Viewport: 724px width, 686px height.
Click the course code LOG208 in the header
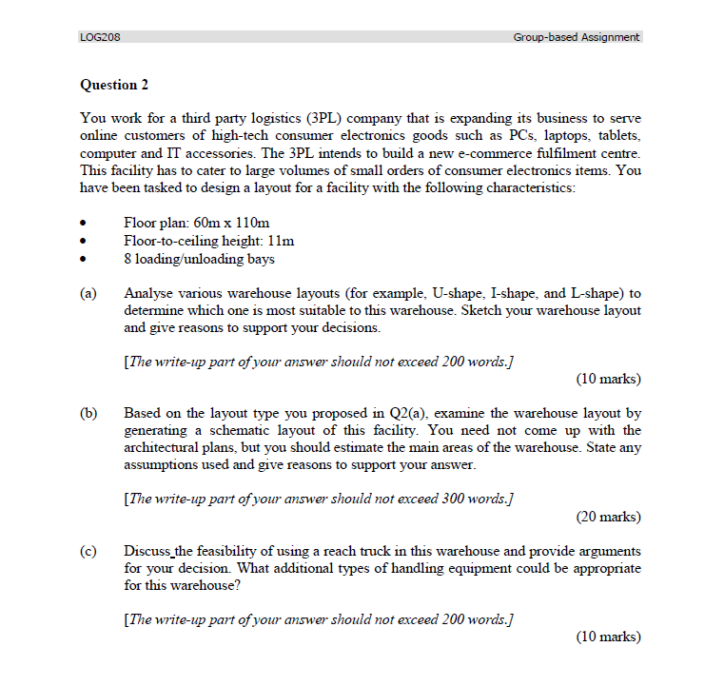100,37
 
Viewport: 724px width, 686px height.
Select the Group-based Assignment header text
576,37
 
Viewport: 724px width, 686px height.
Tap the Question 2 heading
114,85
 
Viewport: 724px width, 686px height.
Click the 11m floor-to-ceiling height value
282,241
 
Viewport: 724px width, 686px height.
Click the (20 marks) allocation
608,517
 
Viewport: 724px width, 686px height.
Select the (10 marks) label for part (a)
608,379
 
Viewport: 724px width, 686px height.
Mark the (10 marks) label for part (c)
608,637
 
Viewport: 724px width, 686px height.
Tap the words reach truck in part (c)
354,551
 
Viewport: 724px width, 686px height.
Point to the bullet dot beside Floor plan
85,224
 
